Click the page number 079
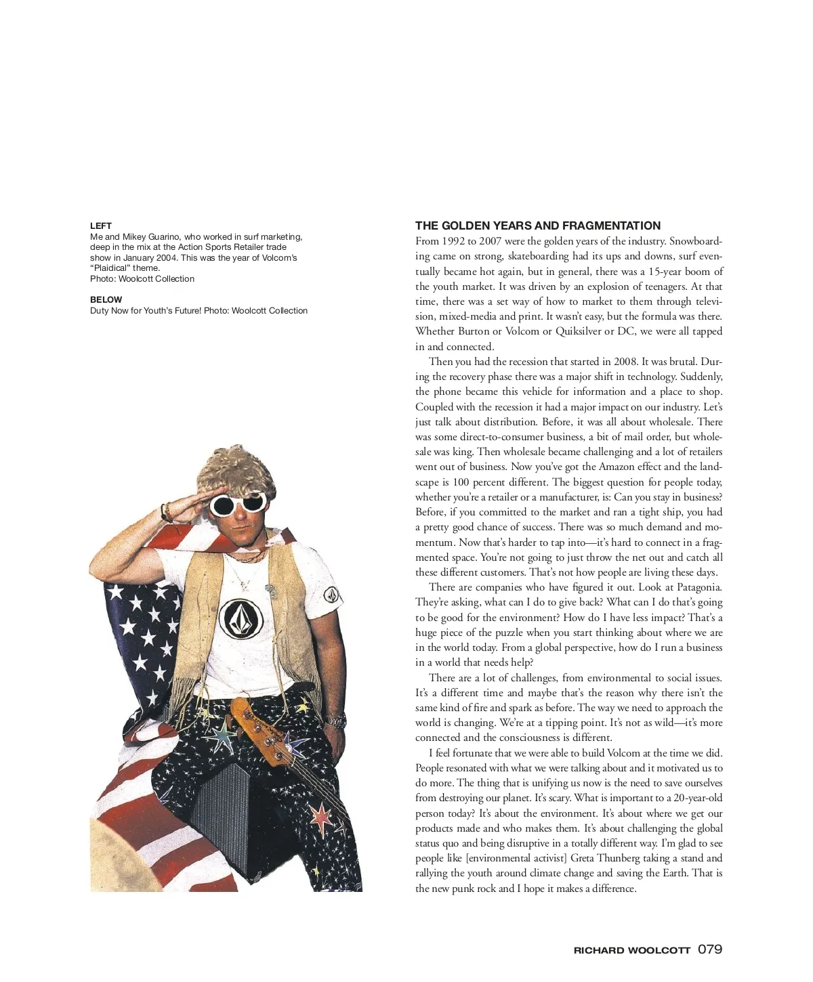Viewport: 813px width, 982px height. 710,949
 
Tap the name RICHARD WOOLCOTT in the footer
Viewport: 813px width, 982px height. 631,950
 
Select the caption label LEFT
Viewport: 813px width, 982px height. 101,226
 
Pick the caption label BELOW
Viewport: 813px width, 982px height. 106,299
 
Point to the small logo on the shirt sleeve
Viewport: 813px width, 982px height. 331,595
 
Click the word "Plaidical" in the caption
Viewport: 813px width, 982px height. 110,268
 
